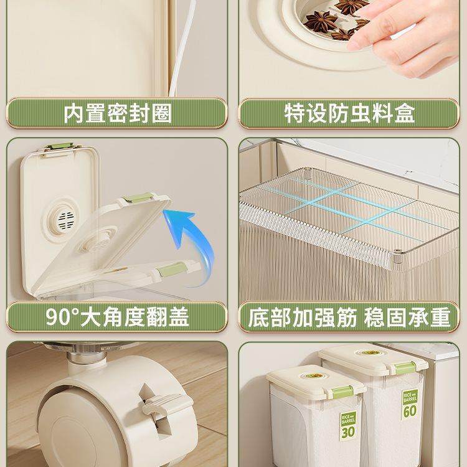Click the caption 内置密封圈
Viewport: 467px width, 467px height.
118,114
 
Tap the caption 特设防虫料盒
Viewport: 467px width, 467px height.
349,114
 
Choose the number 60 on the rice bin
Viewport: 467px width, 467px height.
410,411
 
